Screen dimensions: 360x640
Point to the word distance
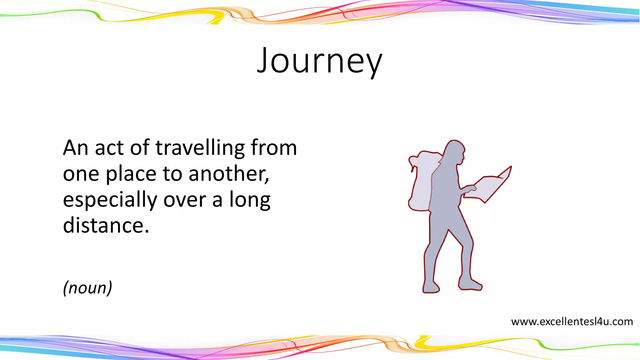[106, 226]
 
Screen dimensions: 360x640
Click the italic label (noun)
[87, 287]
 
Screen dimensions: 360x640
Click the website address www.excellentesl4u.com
[572, 322]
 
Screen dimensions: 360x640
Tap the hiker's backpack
[421, 181]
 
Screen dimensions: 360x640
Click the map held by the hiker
[489, 187]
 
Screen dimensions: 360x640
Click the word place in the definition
[131, 174]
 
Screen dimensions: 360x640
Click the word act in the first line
[109, 148]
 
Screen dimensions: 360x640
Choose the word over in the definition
[184, 200]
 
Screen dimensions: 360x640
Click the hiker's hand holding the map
[469, 188]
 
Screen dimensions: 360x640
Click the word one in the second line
[81, 174]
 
